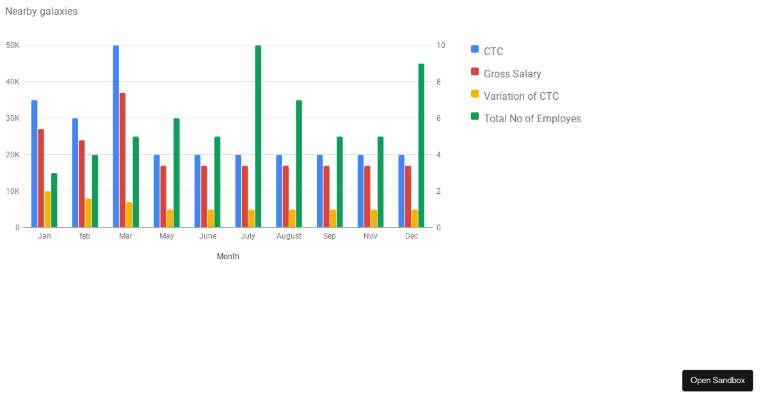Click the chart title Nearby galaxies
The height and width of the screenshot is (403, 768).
(41, 12)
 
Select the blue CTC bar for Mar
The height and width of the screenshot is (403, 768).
(116, 136)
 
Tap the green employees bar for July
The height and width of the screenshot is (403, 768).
(258, 136)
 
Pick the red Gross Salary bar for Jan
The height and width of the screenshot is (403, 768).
(41, 178)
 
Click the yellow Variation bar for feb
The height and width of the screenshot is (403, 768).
(88, 213)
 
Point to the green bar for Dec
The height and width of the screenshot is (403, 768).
(421, 146)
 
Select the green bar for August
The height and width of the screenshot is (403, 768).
(299, 164)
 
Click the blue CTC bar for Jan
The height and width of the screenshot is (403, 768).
(34, 164)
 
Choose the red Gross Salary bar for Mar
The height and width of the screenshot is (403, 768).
(122, 160)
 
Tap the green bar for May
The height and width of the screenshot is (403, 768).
(177, 173)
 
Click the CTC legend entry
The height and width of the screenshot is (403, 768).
(493, 51)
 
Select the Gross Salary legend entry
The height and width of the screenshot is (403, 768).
(512, 74)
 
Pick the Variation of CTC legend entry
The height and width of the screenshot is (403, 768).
(521, 96)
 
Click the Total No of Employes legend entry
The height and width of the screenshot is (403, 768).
(532, 118)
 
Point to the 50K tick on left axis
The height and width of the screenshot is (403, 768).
(13, 45)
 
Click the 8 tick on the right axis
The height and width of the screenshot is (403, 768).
(439, 82)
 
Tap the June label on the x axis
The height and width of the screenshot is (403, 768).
(207, 236)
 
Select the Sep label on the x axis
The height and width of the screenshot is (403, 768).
(329, 236)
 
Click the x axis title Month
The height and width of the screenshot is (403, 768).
(228, 257)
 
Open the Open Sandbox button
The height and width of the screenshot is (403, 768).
(717, 381)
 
